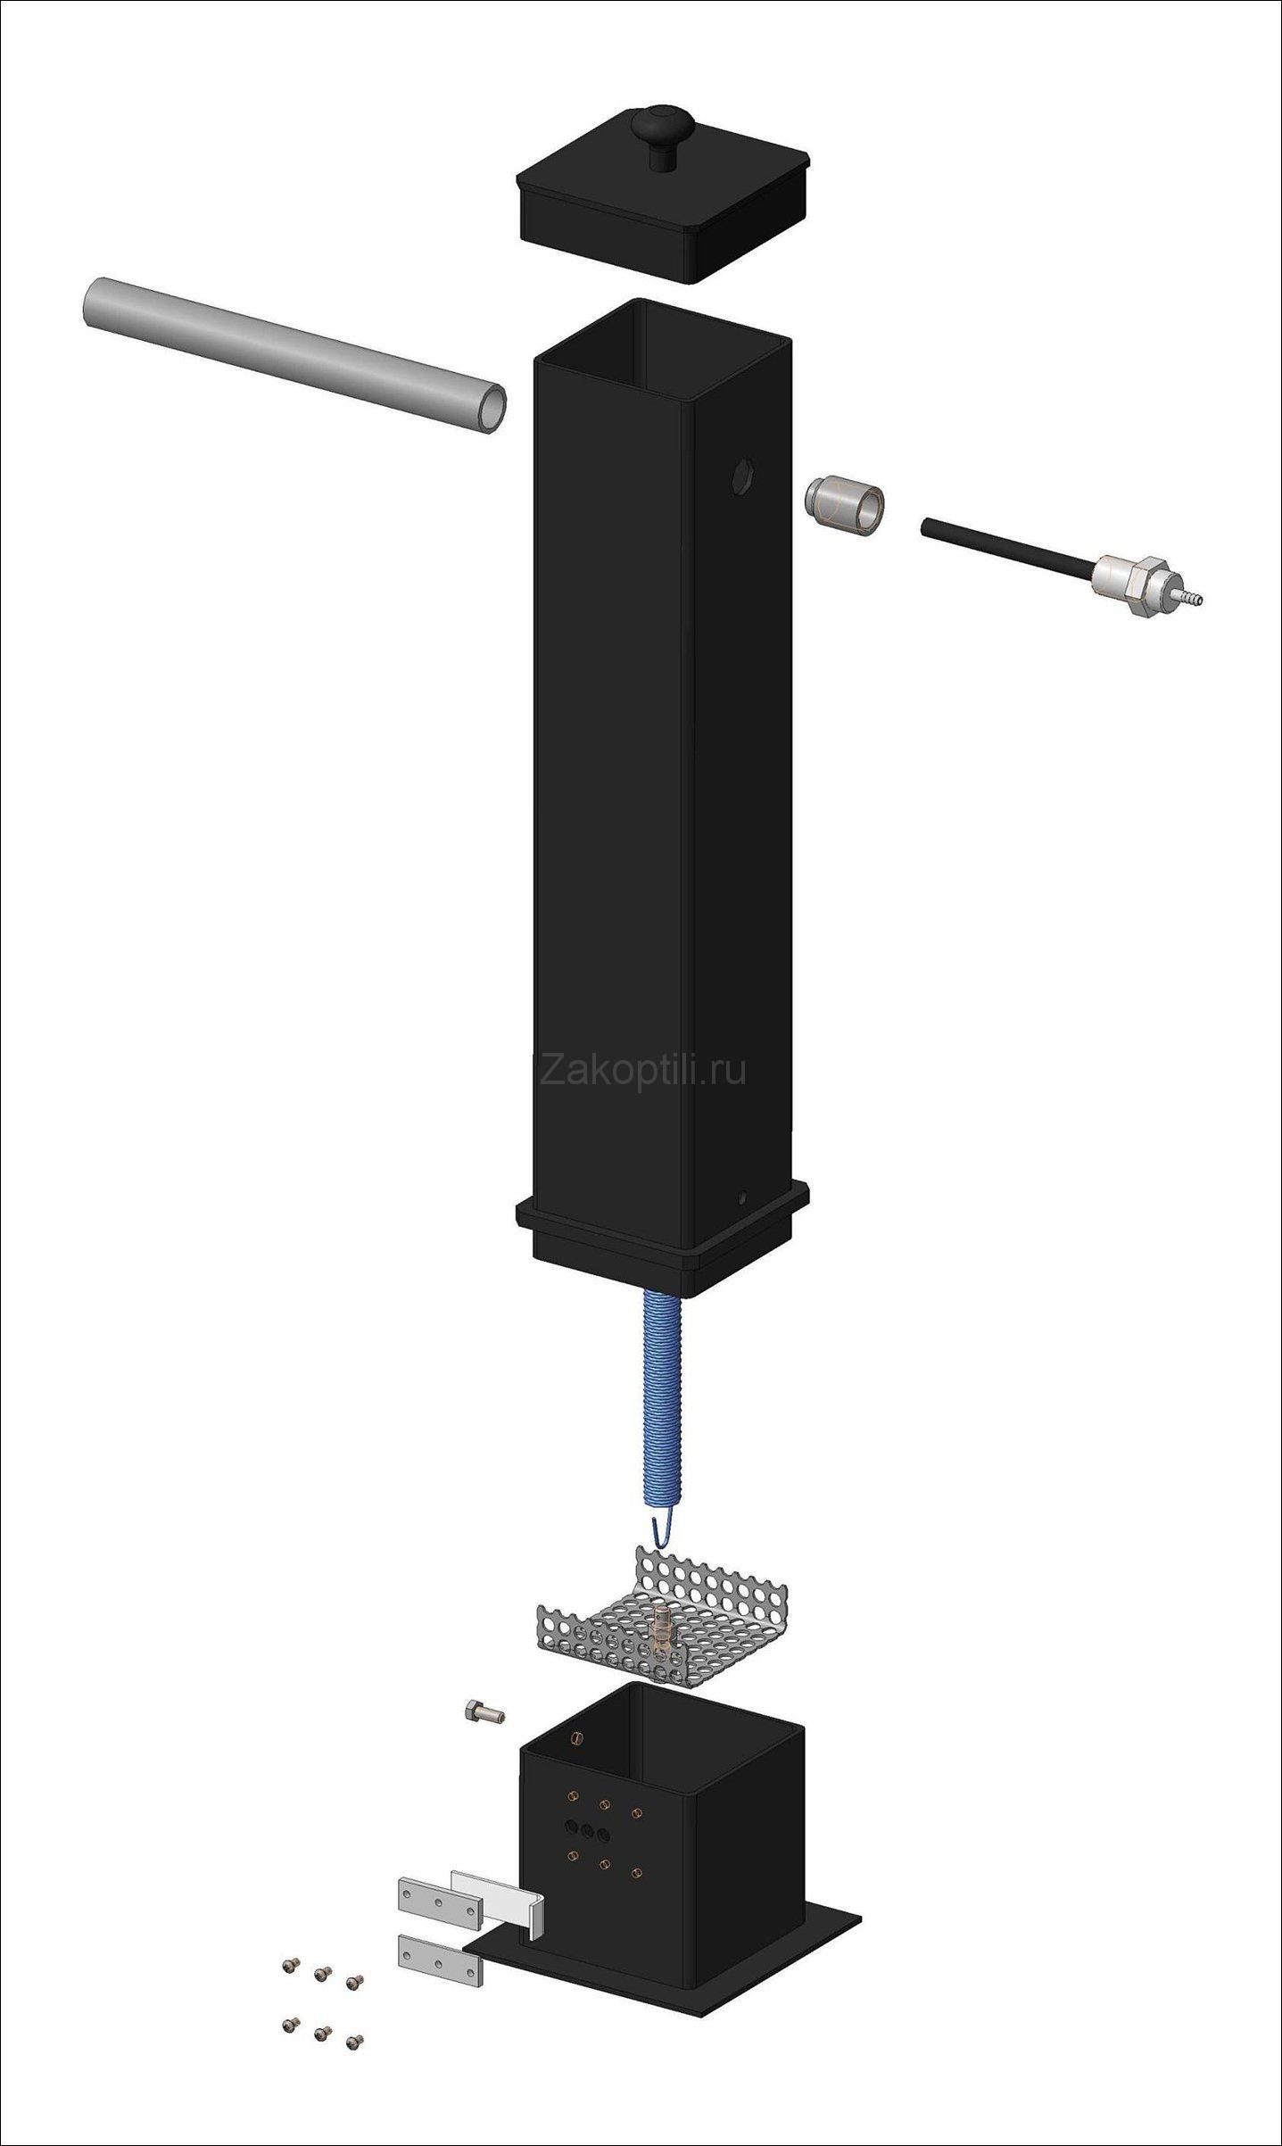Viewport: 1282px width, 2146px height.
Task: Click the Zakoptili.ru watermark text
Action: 643,1068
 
